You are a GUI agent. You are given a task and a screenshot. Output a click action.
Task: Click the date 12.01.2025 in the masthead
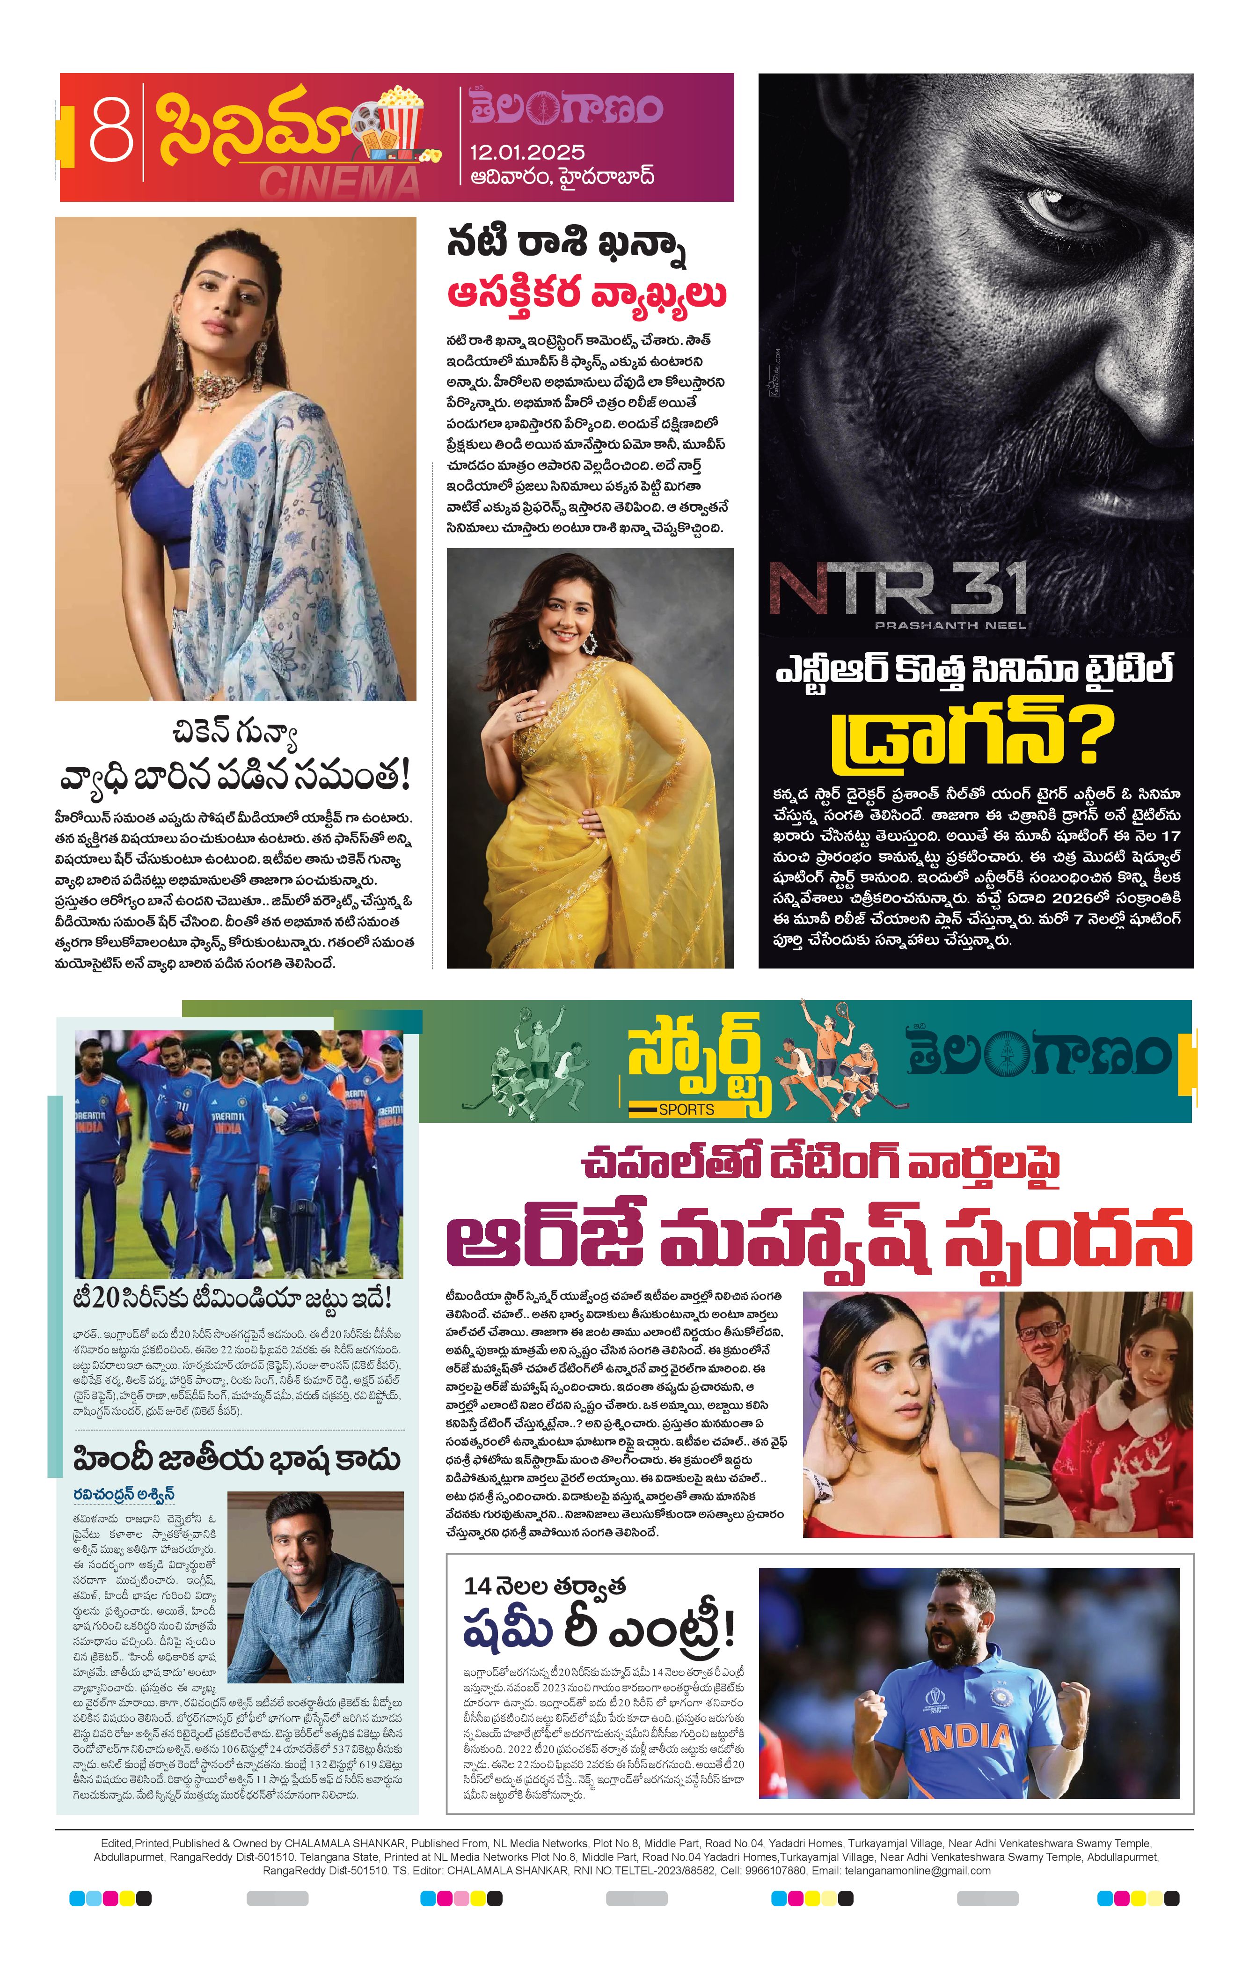tap(528, 152)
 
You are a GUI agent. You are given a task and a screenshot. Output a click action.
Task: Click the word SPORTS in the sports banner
tap(686, 1109)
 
